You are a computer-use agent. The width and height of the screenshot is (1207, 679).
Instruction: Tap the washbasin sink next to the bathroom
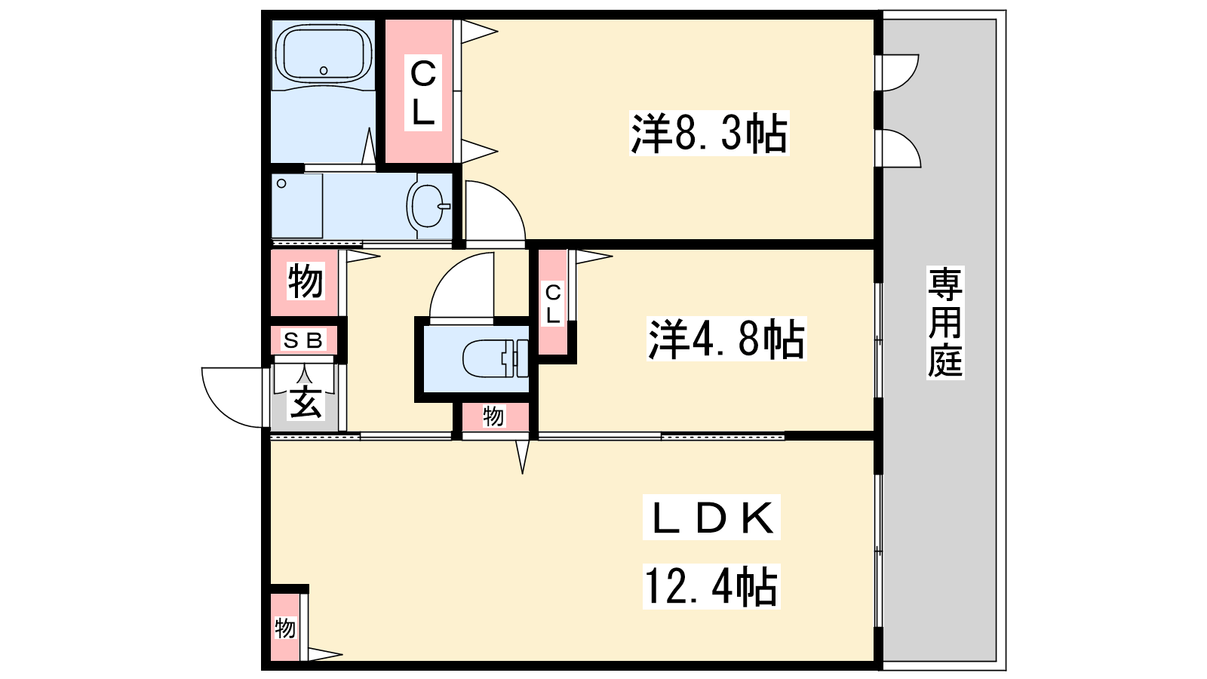429,206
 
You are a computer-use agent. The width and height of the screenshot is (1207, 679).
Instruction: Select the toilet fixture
495,358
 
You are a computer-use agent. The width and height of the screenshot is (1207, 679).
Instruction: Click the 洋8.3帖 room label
708,133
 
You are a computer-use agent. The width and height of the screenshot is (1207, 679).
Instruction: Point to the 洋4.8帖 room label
726,339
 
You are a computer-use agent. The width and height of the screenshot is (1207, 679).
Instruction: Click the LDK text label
711,518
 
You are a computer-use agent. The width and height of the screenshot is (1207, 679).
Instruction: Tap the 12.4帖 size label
711,586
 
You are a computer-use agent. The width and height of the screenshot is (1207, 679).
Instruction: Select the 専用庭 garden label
945,322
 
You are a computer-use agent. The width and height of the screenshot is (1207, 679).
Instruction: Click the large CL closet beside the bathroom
423,92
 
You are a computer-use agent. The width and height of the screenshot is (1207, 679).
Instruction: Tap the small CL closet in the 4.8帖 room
553,303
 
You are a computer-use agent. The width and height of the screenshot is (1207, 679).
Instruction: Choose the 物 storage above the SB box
305,281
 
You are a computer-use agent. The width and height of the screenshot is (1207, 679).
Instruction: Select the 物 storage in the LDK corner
285,627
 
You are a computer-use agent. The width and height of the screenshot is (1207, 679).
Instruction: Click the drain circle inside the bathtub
324,71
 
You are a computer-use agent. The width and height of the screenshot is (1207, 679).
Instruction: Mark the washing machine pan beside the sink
297,206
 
